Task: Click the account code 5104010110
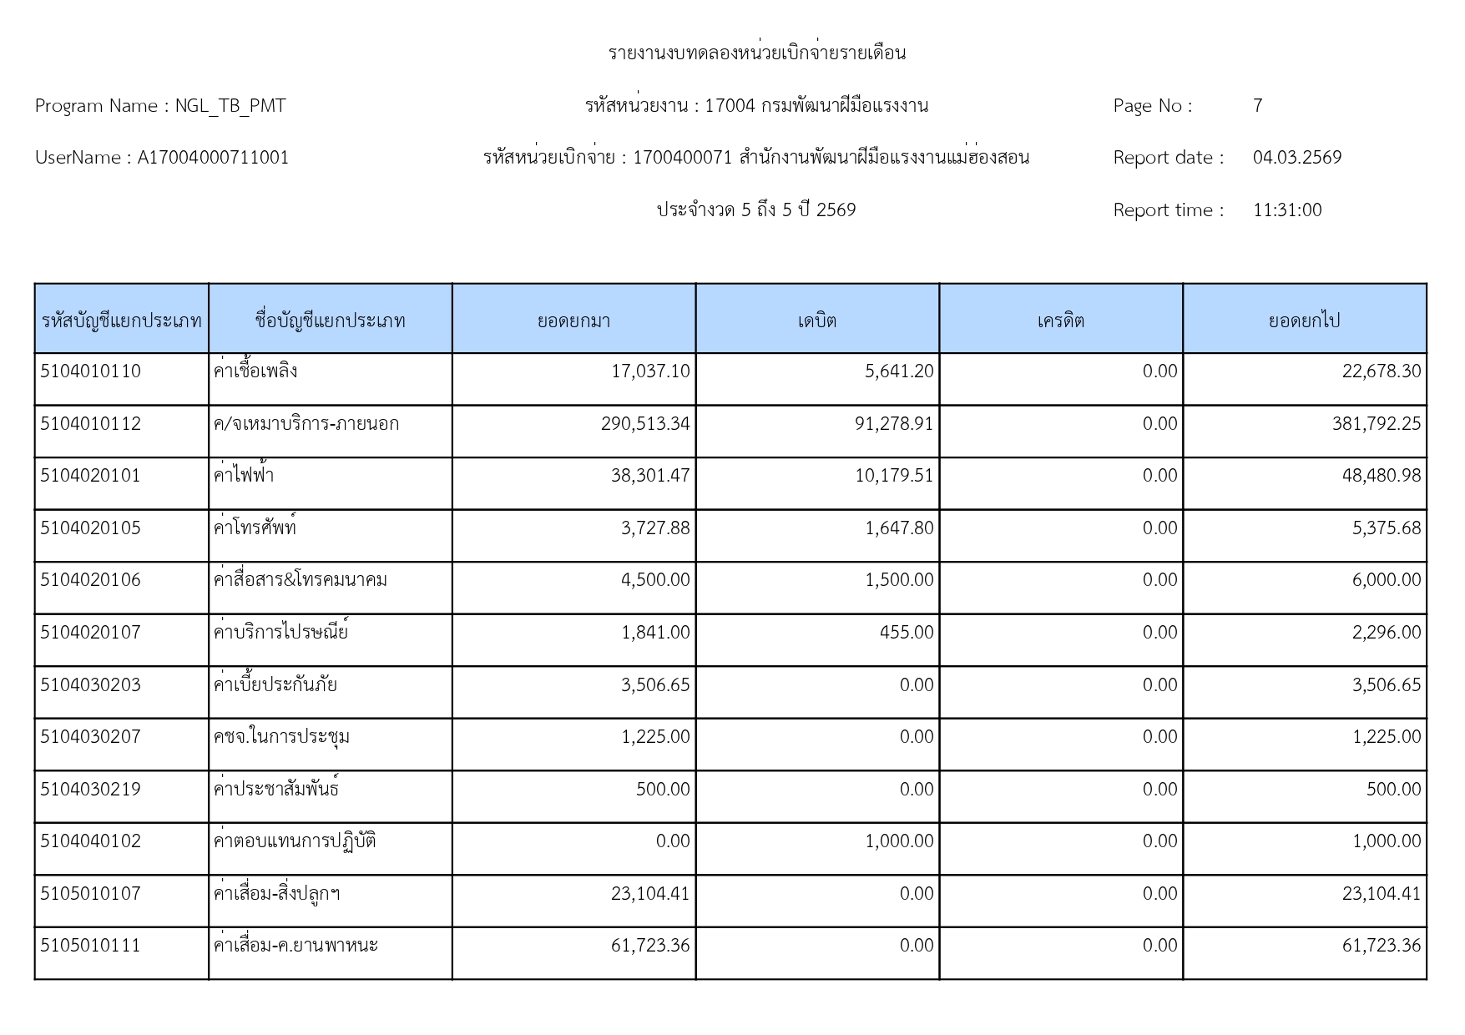coord(91,371)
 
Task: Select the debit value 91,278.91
coord(894,424)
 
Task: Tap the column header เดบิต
coord(816,321)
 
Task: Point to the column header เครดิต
coord(1060,321)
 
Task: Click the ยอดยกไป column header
coord(1304,321)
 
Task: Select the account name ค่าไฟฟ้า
coord(244,476)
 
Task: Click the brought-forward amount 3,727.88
coord(655,528)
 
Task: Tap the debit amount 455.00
coord(907,633)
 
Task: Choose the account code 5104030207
coord(91,737)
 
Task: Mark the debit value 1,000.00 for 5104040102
coord(899,841)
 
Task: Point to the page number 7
coord(1257,106)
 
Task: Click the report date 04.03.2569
coord(1296,158)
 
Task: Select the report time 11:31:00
coord(1287,210)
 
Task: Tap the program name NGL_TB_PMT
coord(230,106)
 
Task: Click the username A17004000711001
coord(213,158)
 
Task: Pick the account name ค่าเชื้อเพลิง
coord(255,371)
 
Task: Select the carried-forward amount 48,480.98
coord(1381,476)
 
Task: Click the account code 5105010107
coord(91,894)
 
